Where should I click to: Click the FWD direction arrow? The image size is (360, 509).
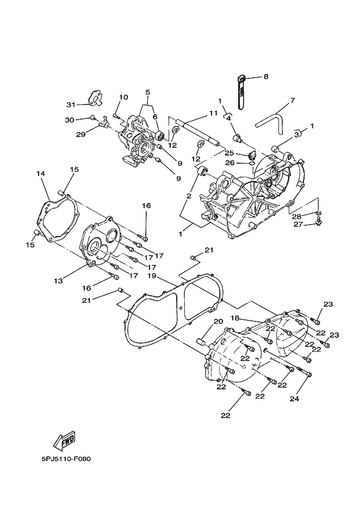[64, 441]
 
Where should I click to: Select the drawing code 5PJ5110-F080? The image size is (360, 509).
[66, 459]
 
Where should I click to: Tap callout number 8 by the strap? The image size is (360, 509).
[266, 77]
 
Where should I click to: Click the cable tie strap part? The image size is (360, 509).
[242, 91]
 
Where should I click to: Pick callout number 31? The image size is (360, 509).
[71, 104]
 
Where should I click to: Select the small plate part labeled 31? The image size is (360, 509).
[95, 98]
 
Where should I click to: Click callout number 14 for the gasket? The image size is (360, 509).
[41, 173]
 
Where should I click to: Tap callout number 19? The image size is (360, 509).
[152, 276]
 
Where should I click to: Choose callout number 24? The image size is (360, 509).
[294, 399]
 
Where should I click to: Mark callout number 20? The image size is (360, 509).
[219, 321]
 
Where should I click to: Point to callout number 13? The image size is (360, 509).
[58, 281]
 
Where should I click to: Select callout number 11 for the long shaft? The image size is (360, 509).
[213, 113]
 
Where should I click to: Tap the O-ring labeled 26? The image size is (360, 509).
[252, 163]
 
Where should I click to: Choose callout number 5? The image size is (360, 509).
[148, 92]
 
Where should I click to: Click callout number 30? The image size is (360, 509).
[70, 120]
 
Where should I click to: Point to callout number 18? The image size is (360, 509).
[235, 318]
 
